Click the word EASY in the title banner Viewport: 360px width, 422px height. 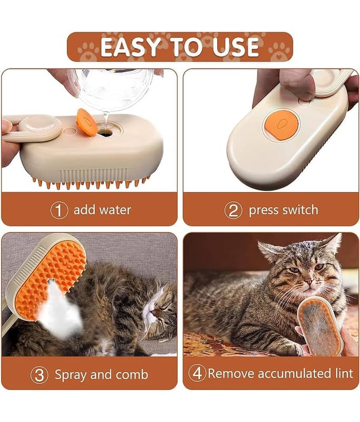coord(130,47)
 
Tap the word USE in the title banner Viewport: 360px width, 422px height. coord(236,47)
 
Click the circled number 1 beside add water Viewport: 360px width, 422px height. coord(59,210)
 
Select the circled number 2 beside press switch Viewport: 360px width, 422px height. coord(233,210)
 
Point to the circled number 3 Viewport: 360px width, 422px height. coord(39,375)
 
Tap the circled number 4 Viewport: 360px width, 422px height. coord(197,373)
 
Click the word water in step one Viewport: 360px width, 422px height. coord(115,210)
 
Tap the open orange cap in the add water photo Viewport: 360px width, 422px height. coord(86,122)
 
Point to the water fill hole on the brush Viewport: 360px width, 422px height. coord(105,133)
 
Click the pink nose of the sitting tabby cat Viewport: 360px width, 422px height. coord(310,282)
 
